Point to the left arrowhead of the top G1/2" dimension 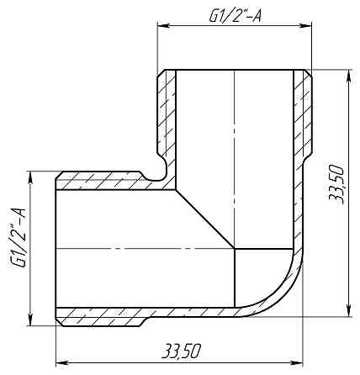[x=162, y=27]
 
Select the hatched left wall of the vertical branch [x=168, y=118]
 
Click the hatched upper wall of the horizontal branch [x=101, y=180]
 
